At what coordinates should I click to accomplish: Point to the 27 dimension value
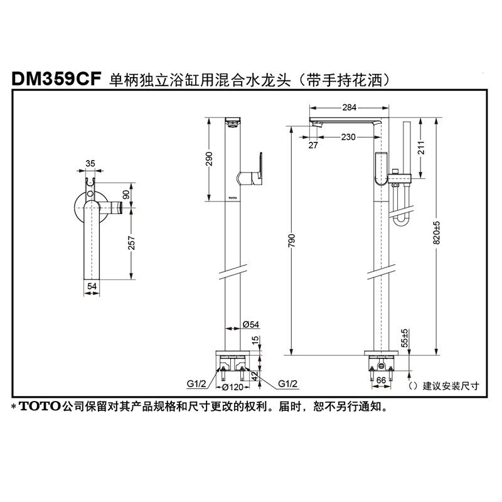pos(314,145)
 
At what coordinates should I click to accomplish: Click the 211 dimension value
pos(422,148)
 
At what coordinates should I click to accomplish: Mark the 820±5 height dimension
pos(437,233)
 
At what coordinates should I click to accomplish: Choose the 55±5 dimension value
pos(405,339)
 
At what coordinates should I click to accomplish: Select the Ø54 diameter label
pos(250,324)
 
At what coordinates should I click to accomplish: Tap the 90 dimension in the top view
pos(131,195)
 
